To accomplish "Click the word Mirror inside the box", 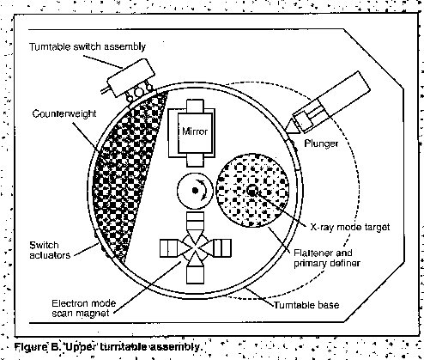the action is pyautogui.click(x=195, y=131).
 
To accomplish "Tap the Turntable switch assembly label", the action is pyautogui.click(x=88, y=46).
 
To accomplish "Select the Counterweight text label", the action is pyautogui.click(x=64, y=113).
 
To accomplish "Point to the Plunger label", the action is pyautogui.click(x=321, y=143).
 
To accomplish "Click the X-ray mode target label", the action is pyautogui.click(x=350, y=227).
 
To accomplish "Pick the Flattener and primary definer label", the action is pyautogui.click(x=327, y=258).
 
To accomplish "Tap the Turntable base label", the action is pyautogui.click(x=306, y=305).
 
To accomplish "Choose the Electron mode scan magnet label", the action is pyautogui.click(x=84, y=308).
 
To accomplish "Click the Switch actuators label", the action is pyautogui.click(x=50, y=250).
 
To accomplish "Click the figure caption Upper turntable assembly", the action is pyautogui.click(x=108, y=347).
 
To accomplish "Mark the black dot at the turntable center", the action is pyautogui.click(x=195, y=191).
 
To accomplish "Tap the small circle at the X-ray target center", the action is pyautogui.click(x=251, y=190).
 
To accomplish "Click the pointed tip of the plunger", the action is pyautogui.click(x=287, y=131).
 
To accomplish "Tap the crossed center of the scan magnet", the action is pyautogui.click(x=195, y=248).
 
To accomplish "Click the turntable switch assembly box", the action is pyautogui.click(x=130, y=77).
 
